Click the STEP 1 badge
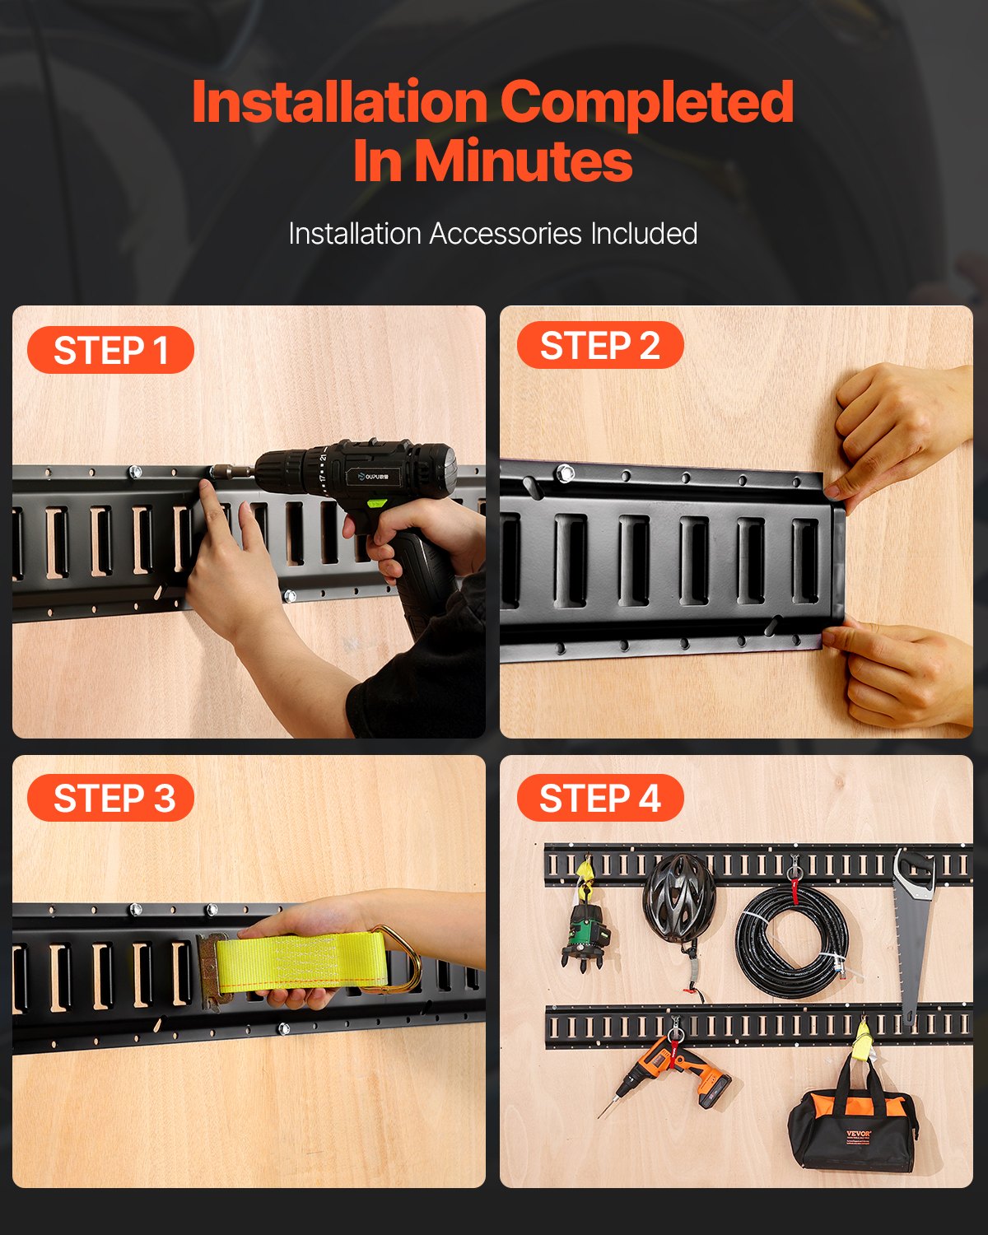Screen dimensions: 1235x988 coord(110,351)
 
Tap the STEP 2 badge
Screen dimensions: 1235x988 coord(599,346)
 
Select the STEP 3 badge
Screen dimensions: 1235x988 coord(110,799)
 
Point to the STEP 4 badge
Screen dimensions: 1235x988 coord(599,799)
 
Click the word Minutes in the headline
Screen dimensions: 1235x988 coord(523,161)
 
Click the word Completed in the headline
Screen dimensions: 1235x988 coord(646,102)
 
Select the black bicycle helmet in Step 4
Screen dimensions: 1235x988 coord(679,897)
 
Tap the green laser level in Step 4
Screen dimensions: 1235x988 coord(586,930)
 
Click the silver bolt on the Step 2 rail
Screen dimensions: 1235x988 coord(565,473)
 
